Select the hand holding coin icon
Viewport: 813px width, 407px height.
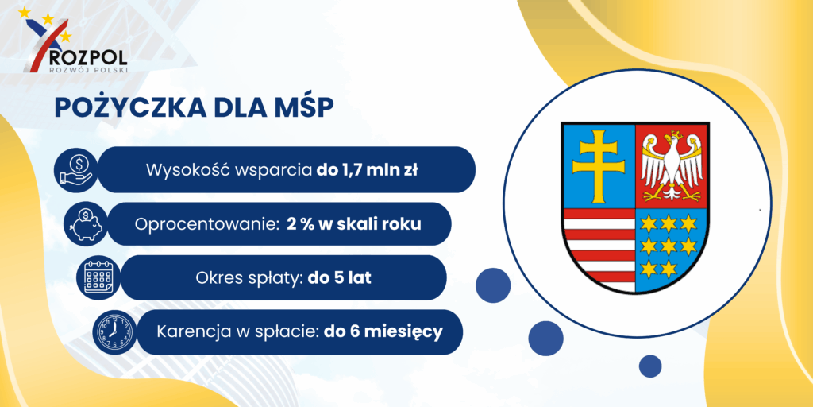click(76, 170)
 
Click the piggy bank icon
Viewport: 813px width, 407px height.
click(85, 223)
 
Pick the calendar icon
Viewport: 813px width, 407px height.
click(98, 277)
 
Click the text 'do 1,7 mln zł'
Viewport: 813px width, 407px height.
click(367, 170)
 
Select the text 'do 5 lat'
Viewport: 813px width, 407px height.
click(340, 277)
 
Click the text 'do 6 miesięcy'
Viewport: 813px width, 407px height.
click(383, 331)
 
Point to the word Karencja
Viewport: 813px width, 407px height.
click(192, 331)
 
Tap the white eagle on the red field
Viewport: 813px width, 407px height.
click(672, 165)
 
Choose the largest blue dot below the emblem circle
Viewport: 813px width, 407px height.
click(545, 338)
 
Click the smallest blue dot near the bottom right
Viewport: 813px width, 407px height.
click(650, 366)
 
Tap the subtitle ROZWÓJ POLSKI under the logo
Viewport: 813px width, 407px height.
click(87, 70)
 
